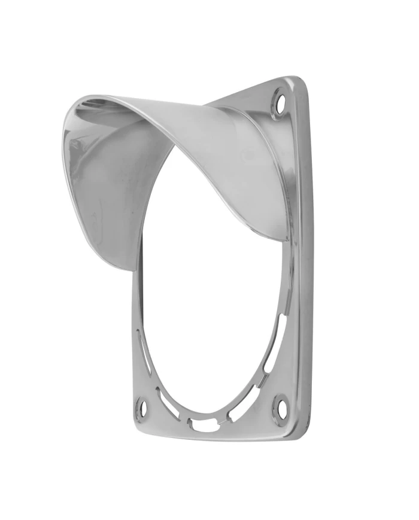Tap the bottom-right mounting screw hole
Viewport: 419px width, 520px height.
(279, 409)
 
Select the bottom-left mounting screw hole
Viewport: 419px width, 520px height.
(142, 407)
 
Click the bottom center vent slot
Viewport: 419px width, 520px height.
(204, 426)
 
